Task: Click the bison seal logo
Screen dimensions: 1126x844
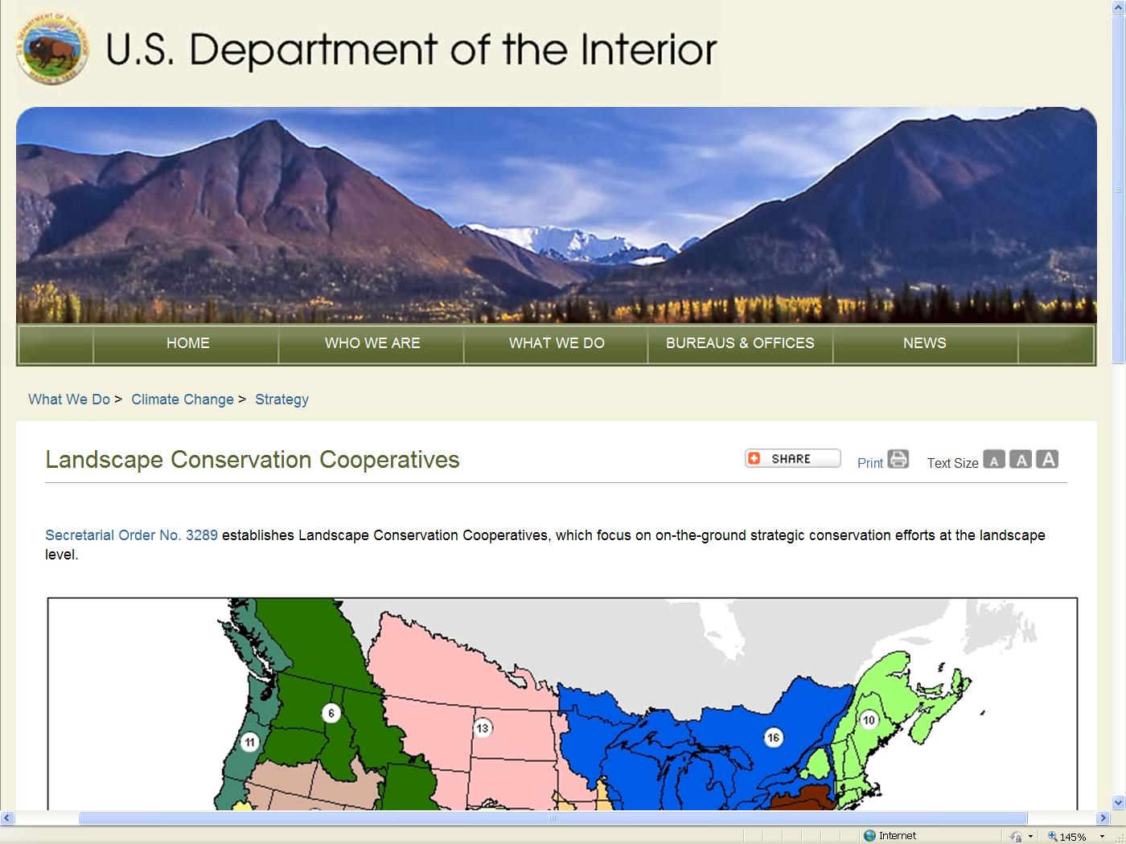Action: click(53, 49)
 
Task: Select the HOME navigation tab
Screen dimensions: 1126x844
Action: click(187, 343)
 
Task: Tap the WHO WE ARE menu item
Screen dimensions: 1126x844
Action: click(372, 343)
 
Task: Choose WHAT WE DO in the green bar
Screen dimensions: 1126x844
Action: click(557, 343)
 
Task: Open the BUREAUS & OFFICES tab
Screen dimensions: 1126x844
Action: click(740, 343)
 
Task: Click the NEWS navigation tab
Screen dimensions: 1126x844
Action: click(924, 343)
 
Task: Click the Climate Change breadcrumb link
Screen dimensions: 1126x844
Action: click(182, 399)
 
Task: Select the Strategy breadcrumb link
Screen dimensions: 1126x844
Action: click(281, 399)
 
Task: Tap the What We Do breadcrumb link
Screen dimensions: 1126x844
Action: click(68, 399)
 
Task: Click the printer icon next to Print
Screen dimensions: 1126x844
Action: click(898, 459)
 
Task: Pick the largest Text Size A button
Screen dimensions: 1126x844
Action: click(1047, 459)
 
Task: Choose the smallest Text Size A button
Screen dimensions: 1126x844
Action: click(993, 459)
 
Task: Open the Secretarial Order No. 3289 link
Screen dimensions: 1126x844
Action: click(131, 535)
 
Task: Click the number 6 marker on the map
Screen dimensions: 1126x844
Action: click(331, 713)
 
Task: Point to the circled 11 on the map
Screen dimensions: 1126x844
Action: click(249, 742)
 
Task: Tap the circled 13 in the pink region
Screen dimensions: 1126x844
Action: click(483, 727)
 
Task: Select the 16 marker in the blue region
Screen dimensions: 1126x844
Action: click(773, 737)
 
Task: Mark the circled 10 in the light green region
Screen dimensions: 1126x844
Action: click(869, 720)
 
